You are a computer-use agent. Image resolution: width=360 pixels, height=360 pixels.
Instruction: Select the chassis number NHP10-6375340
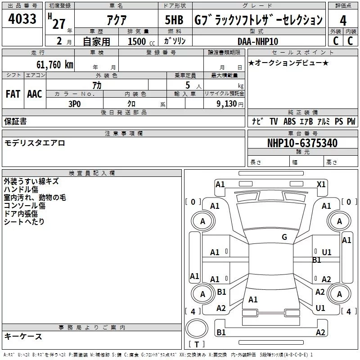(302, 143)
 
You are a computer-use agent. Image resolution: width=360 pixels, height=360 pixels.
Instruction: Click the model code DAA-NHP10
(258, 41)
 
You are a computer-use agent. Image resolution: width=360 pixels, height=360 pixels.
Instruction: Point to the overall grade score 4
(343, 21)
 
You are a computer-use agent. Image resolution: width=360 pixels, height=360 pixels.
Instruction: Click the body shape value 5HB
(174, 21)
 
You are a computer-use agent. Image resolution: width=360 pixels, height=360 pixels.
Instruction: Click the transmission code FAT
(13, 94)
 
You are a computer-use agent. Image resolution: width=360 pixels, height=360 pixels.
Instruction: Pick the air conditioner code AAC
(35, 94)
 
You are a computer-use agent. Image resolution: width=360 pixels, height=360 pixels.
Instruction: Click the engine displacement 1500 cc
(140, 41)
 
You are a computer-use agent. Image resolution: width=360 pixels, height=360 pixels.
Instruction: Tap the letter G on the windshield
(284, 237)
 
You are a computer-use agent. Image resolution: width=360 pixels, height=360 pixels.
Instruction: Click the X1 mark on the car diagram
(321, 184)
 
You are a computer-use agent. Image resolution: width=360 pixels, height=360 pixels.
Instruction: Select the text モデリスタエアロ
(35, 143)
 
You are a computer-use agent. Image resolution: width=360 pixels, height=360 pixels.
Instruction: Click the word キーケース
(23, 336)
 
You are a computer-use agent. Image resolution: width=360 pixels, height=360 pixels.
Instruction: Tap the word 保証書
(15, 121)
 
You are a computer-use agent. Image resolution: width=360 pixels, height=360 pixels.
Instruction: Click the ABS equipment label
(290, 121)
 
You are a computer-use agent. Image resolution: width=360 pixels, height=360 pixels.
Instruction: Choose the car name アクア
(116, 21)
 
